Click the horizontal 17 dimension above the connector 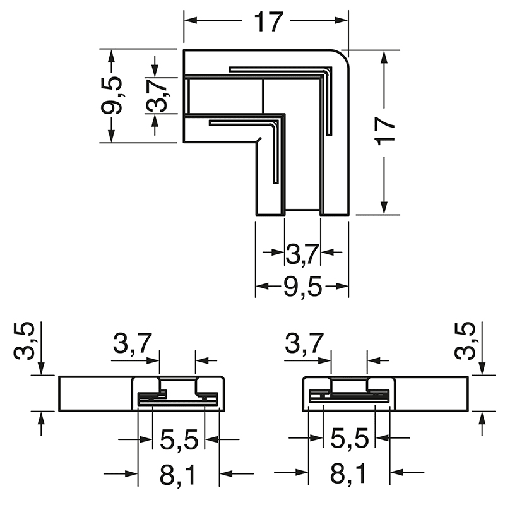click(x=268, y=22)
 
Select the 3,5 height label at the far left click(x=25, y=342)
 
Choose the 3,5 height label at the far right click(x=466, y=342)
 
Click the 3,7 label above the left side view click(x=132, y=345)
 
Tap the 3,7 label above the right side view click(x=304, y=345)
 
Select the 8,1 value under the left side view click(x=178, y=475)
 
